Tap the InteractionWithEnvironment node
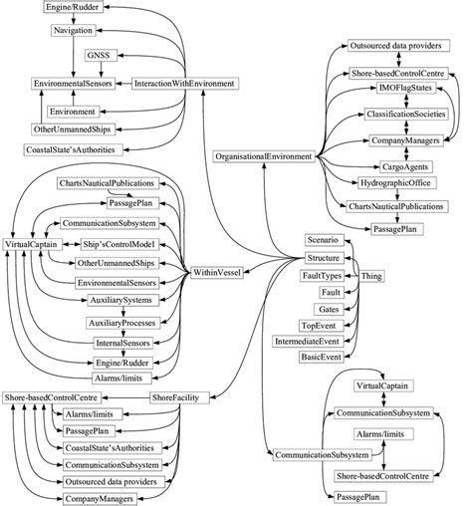(x=186, y=83)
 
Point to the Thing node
(x=371, y=275)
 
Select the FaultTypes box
(x=323, y=275)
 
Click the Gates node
(x=330, y=309)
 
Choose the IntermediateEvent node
(x=309, y=342)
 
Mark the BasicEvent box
(x=321, y=358)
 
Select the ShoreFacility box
(x=178, y=398)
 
